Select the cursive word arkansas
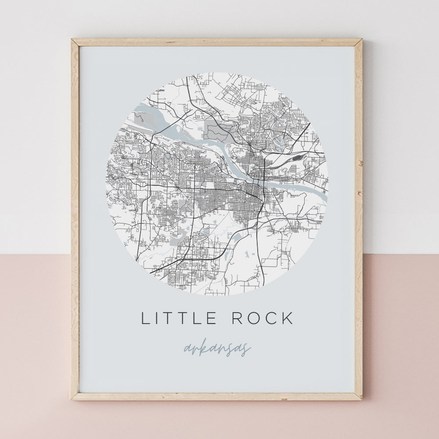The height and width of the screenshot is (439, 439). coord(217,349)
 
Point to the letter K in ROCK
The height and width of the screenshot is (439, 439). coord(287,318)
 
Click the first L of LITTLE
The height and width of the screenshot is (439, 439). coord(146,318)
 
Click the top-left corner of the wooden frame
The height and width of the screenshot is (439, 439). coord(72,40)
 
